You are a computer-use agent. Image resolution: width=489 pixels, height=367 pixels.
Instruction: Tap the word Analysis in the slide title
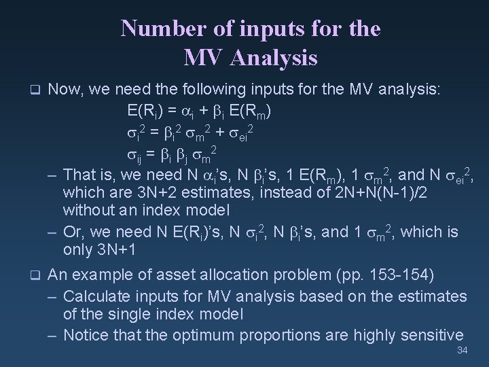tap(274, 58)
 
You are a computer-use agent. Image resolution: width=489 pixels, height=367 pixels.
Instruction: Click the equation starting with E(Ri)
tap(201, 111)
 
